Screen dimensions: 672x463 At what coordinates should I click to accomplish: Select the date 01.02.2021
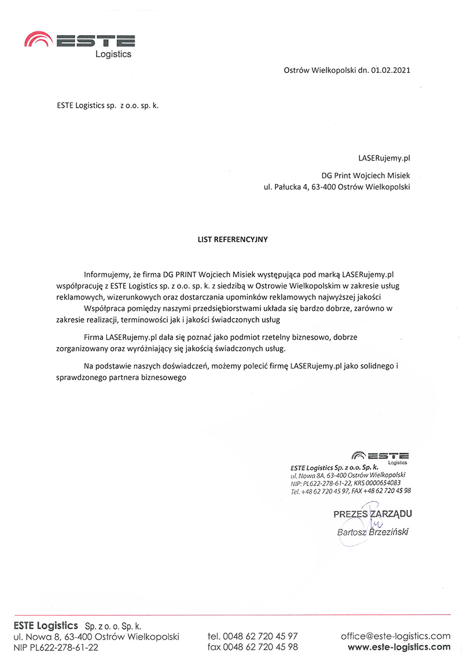click(x=392, y=71)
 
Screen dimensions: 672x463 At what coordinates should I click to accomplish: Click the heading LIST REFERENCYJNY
click(x=233, y=238)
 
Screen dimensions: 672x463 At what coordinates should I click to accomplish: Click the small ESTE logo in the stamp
click(x=380, y=456)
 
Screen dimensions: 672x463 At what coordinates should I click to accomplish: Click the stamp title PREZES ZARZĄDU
click(x=373, y=514)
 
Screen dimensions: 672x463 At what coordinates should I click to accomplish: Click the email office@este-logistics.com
click(x=396, y=636)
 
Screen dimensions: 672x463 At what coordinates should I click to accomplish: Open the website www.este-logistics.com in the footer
click(x=399, y=647)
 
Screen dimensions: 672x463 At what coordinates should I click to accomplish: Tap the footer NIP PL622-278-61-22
click(x=56, y=647)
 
